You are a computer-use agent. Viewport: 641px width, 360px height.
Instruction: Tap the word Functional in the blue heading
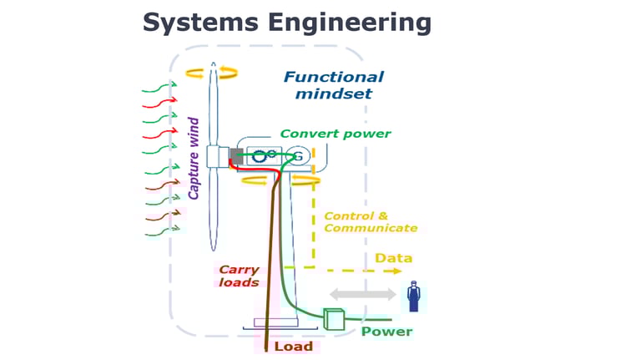[x=334, y=77]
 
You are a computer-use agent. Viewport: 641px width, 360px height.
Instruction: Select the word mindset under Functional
[x=334, y=94]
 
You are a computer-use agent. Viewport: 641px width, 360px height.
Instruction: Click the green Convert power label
[x=335, y=134]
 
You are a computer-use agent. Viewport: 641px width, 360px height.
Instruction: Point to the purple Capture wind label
[x=194, y=159]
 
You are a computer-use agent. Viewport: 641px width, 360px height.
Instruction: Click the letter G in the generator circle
[x=297, y=156]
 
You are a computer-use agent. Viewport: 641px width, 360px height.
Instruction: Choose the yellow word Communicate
[x=370, y=228]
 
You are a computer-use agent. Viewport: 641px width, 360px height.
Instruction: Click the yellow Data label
[x=393, y=258]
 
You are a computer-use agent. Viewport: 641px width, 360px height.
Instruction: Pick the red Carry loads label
[x=238, y=276]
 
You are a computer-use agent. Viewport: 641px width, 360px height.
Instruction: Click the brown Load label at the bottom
[x=293, y=346]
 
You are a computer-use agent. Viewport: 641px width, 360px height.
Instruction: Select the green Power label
[x=386, y=332]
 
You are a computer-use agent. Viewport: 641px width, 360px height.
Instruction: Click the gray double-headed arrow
[x=363, y=294]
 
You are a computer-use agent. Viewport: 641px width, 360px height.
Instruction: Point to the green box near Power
[x=334, y=319]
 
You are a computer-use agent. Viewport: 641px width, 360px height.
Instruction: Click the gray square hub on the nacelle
[x=235, y=155]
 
